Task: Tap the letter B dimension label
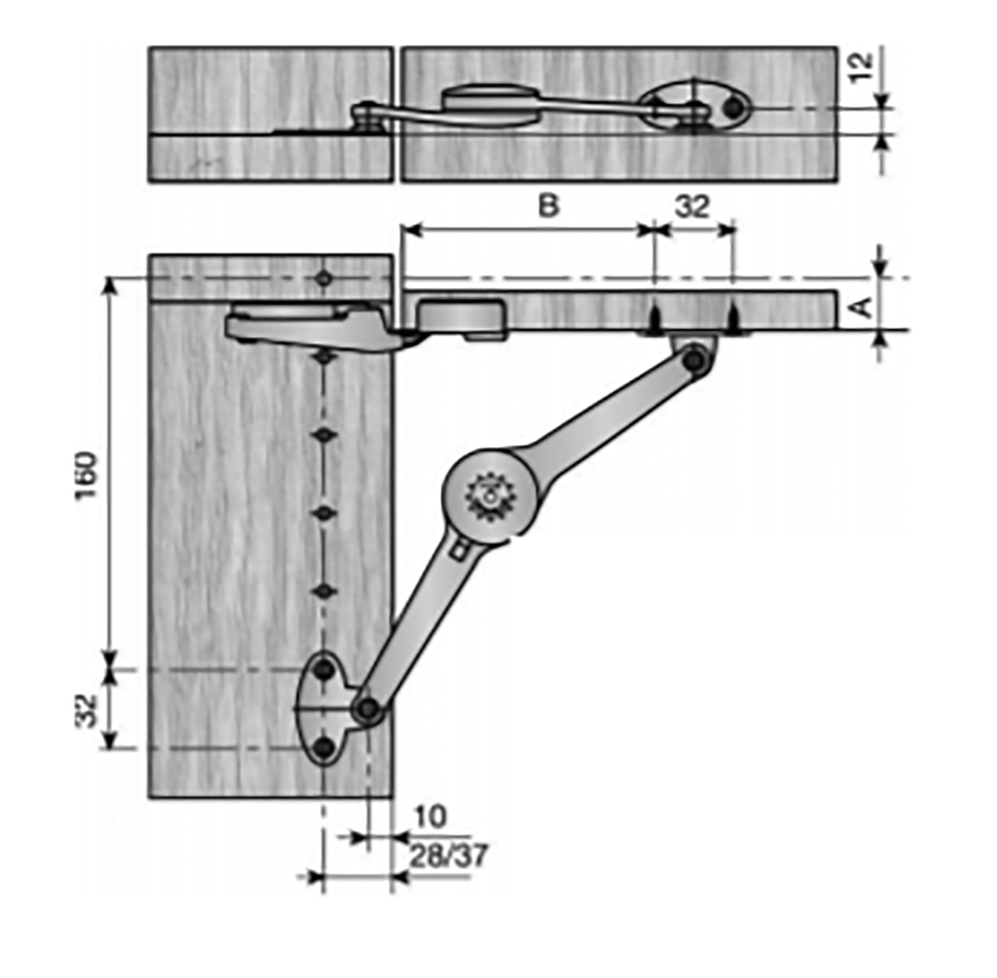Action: (549, 207)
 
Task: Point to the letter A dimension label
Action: (862, 307)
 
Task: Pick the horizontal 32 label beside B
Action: (692, 207)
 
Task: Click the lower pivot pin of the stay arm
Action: (367, 709)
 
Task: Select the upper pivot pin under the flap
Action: (694, 361)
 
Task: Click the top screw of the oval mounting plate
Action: (324, 670)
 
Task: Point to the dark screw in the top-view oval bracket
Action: (732, 108)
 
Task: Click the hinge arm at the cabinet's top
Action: (312, 326)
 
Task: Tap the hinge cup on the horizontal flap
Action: (461, 317)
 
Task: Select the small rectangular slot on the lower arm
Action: (460, 552)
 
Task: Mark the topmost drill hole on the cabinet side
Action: (324, 279)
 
